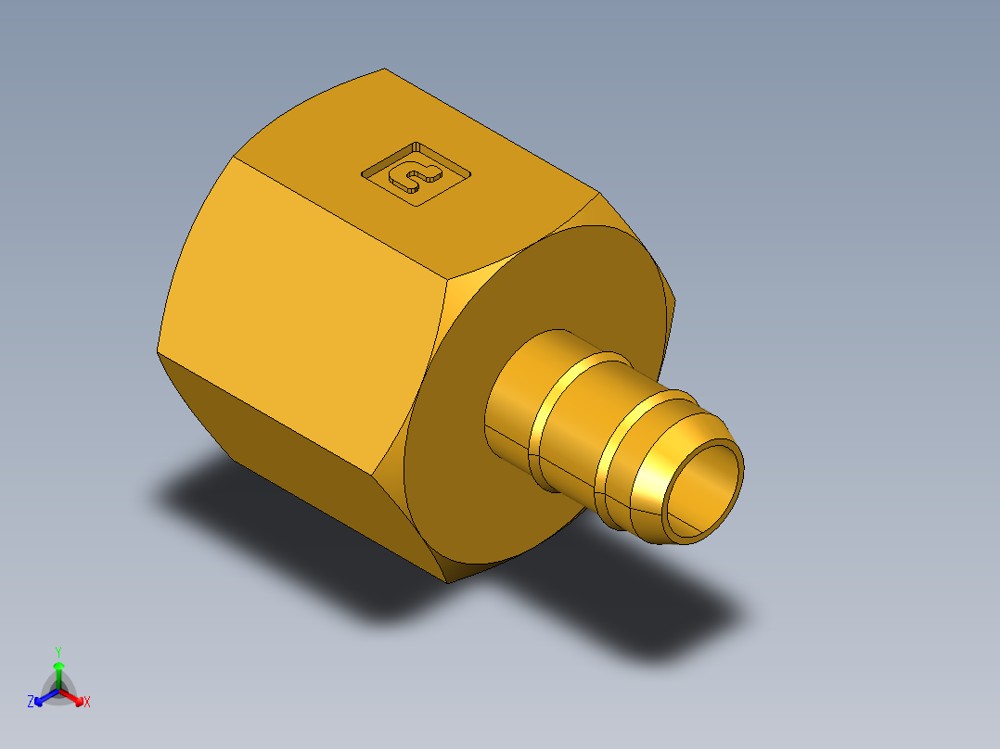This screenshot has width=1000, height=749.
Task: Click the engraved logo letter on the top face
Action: tap(415, 172)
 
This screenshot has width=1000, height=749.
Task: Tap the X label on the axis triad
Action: tap(87, 703)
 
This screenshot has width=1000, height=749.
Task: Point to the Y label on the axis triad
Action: tap(58, 652)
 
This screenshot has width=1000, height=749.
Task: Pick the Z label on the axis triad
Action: tap(31, 703)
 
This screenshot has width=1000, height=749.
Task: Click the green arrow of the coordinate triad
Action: tap(58, 669)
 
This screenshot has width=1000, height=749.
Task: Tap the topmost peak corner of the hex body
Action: tap(384, 69)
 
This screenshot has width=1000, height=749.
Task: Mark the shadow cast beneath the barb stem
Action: tap(649, 621)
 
